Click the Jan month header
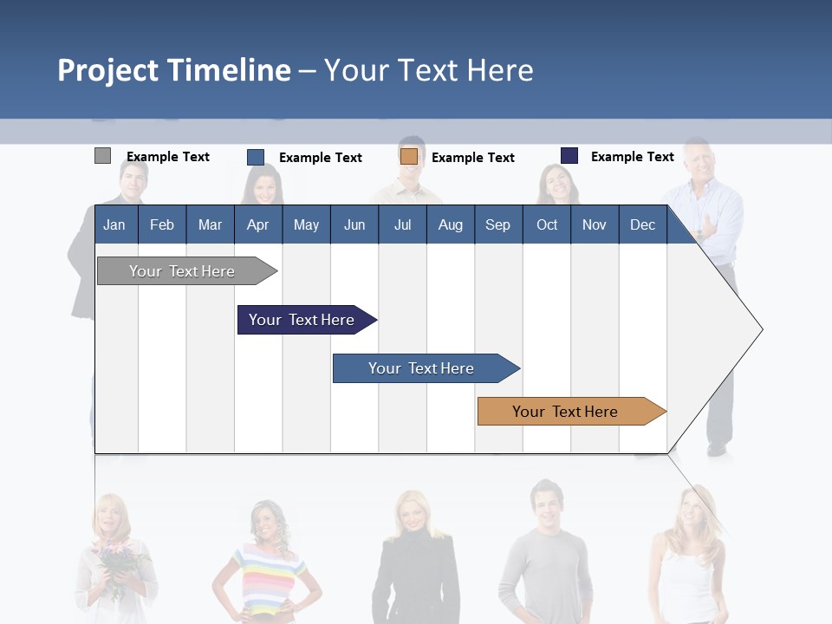point(115,224)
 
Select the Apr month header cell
point(258,224)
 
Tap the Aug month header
point(450,224)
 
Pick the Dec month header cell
point(642,224)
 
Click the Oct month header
point(546,224)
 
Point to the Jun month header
point(354,224)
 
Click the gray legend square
point(102,156)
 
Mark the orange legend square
point(409,157)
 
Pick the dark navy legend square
point(569,156)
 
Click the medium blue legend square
point(256,157)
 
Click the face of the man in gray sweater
point(547,500)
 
